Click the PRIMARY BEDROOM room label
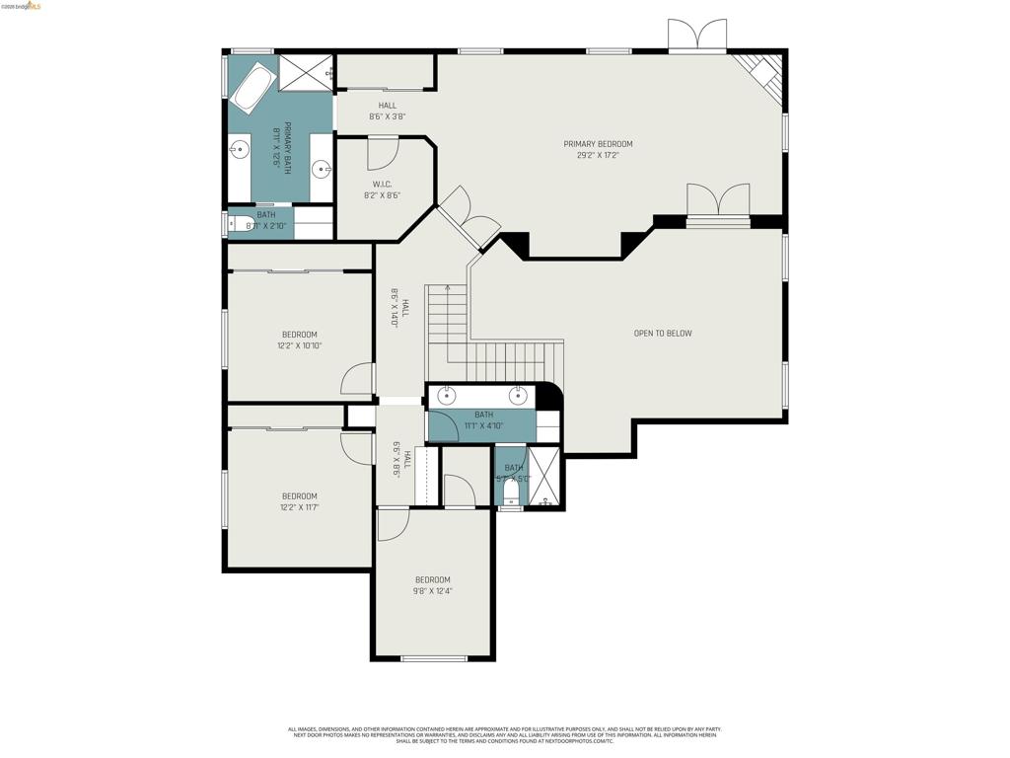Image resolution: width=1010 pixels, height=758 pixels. point(598,144)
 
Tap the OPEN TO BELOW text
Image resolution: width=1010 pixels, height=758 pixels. point(662,334)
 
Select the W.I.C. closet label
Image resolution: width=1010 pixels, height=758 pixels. point(382,185)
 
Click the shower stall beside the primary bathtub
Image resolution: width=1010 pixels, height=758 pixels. point(306,73)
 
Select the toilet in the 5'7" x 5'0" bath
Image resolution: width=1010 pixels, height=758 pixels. point(511,490)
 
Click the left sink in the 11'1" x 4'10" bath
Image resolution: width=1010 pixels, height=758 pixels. point(447,396)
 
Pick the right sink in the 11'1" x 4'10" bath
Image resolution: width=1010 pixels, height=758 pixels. point(518,396)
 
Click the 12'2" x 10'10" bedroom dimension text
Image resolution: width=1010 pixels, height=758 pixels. point(299,346)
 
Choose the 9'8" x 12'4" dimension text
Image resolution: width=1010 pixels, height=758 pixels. point(432,591)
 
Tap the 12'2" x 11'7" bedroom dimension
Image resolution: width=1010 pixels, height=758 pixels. point(299,507)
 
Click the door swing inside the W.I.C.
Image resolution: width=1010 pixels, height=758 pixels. point(382,153)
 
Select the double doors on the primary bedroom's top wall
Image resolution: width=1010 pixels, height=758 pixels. point(697,36)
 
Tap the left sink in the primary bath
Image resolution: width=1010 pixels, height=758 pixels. point(240,151)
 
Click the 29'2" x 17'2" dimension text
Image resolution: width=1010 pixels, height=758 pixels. point(598,155)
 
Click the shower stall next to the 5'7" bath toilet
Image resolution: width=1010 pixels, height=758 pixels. point(544,478)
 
